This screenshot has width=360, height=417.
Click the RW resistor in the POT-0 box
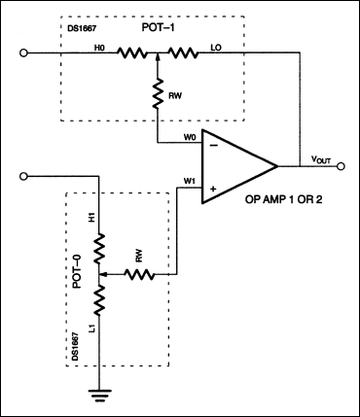[x=136, y=274]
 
